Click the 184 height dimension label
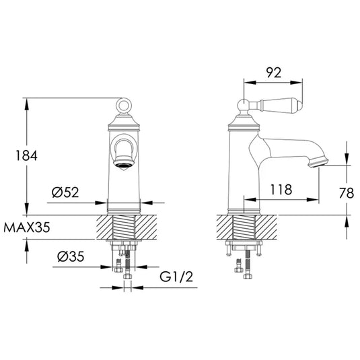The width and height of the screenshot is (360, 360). click(x=26, y=155)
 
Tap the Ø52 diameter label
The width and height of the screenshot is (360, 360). click(x=65, y=192)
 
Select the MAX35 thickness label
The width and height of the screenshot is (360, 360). click(x=27, y=227)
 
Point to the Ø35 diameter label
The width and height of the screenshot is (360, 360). click(x=71, y=256)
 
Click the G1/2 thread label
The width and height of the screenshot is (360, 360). click(x=176, y=277)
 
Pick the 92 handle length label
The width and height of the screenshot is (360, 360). click(x=274, y=73)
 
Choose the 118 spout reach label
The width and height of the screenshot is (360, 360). click(x=281, y=190)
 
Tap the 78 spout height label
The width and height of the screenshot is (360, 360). click(x=347, y=193)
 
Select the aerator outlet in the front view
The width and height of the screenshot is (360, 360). click(x=124, y=165)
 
